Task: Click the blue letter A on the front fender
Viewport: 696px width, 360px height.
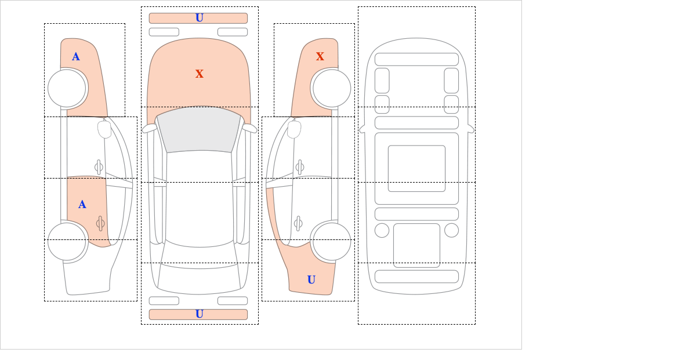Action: click(x=76, y=57)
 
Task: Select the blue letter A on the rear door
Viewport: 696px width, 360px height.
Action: click(x=82, y=205)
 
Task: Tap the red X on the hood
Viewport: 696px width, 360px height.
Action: click(x=200, y=74)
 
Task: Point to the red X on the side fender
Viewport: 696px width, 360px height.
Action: click(x=320, y=57)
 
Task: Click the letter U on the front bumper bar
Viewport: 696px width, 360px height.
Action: click(x=200, y=18)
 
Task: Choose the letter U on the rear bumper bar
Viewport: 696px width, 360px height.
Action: click(x=200, y=314)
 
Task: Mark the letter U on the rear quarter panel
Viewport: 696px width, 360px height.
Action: click(x=311, y=280)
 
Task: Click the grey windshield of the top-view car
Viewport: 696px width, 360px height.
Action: click(x=199, y=130)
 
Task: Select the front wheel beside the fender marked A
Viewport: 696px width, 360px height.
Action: click(x=67, y=88)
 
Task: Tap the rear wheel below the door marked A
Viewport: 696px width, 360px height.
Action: click(x=67, y=241)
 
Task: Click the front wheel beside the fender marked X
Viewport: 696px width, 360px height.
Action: click(x=331, y=88)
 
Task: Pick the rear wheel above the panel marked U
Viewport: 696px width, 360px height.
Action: click(x=331, y=241)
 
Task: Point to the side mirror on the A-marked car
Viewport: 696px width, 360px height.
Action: click(x=104, y=129)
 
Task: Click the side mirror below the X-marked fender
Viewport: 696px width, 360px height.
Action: click(x=295, y=129)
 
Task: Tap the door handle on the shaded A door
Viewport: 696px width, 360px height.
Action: click(x=100, y=223)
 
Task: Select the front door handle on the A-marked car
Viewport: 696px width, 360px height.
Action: click(x=99, y=168)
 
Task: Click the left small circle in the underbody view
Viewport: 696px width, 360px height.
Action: click(x=382, y=230)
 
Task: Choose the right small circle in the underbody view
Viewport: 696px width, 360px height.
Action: click(x=451, y=230)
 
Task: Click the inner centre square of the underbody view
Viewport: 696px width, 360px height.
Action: click(x=416, y=169)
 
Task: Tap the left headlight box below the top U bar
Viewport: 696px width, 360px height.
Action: click(x=164, y=32)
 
